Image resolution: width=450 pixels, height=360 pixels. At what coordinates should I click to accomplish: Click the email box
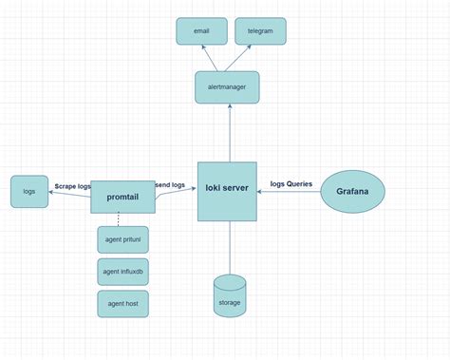(201, 31)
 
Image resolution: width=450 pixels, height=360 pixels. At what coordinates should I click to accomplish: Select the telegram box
(260, 31)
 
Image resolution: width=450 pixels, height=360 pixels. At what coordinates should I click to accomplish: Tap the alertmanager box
(227, 86)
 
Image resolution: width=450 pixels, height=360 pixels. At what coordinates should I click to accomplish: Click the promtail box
(122, 197)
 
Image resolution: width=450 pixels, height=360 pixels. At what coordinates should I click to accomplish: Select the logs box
(29, 192)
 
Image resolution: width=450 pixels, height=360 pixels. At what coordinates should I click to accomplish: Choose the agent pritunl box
(122, 239)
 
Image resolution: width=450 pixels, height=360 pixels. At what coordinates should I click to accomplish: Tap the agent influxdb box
(122, 272)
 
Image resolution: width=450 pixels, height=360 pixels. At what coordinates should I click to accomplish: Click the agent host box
(122, 304)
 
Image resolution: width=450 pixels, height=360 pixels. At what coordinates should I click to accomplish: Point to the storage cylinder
(229, 296)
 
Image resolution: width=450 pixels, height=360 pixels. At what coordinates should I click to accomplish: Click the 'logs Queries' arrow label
(291, 183)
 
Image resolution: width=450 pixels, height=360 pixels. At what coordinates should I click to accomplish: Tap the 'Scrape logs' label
(73, 185)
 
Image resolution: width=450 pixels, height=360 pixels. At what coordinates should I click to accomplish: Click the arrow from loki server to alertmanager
(228, 133)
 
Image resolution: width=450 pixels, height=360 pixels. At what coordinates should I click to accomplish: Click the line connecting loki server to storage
(229, 247)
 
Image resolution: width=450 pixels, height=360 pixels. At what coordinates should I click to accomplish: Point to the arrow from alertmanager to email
(211, 57)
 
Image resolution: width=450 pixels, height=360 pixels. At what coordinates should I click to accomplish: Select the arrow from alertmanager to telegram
(245, 57)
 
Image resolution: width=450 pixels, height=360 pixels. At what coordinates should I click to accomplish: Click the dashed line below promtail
(119, 219)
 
